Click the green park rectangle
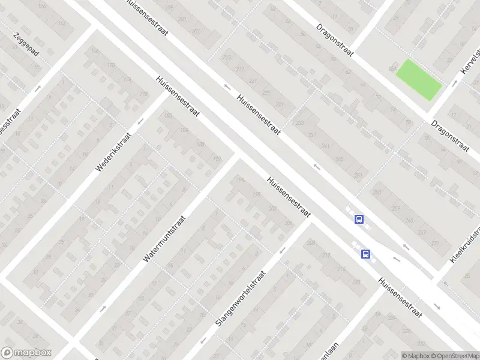(419, 80)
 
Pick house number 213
(227, 58)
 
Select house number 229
(279, 104)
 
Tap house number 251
(358, 175)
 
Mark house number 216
(341, 269)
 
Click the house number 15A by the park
(392, 64)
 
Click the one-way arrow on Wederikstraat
(140, 122)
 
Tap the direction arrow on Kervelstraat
(454, 82)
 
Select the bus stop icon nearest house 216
(365, 254)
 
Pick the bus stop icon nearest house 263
(359, 219)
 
